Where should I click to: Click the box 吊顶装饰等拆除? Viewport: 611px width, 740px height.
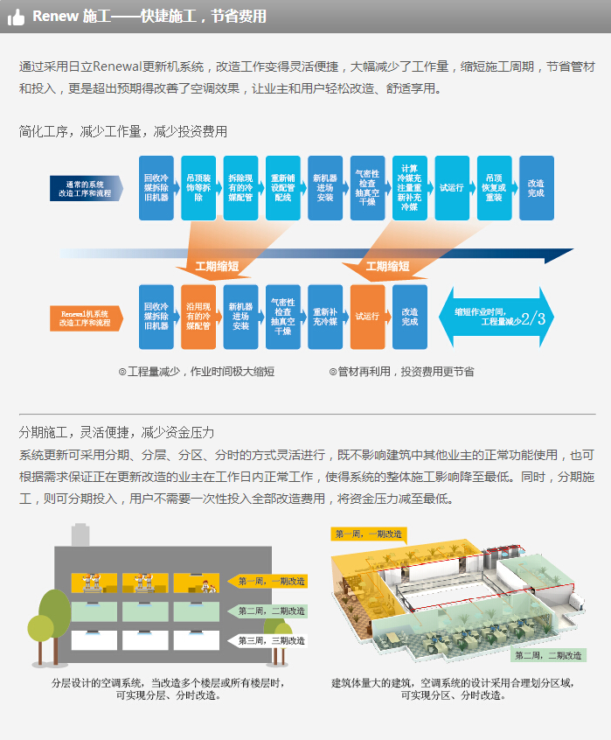tap(198, 188)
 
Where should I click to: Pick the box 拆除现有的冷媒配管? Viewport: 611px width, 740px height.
tap(240, 188)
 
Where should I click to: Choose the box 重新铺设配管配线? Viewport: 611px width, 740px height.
tap(282, 188)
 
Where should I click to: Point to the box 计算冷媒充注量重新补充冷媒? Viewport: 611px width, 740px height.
tap(409, 188)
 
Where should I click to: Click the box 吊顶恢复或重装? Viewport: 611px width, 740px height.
tap(494, 188)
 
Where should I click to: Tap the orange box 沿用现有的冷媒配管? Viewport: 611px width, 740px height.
tap(198, 318)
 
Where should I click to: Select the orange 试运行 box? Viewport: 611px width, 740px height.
tap(367, 318)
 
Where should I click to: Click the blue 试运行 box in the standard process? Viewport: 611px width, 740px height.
tap(452, 188)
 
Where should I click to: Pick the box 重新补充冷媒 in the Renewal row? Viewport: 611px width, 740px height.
tap(325, 318)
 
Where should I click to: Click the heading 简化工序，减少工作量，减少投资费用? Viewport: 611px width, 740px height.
tap(123, 131)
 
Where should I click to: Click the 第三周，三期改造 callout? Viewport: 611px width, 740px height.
tap(271, 641)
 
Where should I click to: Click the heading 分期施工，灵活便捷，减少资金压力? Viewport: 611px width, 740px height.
tap(117, 432)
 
